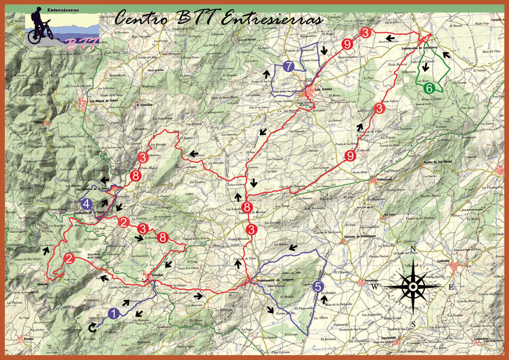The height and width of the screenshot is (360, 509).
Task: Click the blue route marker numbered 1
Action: click(x=113, y=314)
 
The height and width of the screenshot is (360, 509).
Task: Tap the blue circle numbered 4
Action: click(x=86, y=203)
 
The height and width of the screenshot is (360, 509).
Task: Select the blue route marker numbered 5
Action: click(x=318, y=286)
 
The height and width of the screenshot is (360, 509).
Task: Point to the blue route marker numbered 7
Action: click(x=288, y=66)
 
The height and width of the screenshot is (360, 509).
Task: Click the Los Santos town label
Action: click(x=324, y=90)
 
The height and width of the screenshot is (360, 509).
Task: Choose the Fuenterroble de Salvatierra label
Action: click(x=419, y=48)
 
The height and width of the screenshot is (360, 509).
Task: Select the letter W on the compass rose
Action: click(x=376, y=287)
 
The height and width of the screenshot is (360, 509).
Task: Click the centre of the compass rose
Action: click(x=414, y=286)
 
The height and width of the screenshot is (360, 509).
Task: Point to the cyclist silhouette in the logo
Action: click(x=38, y=27)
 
